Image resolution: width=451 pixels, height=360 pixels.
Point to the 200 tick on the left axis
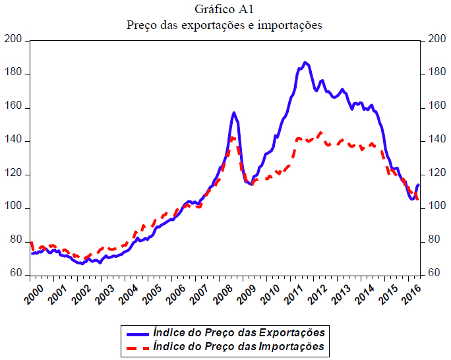click(15, 41)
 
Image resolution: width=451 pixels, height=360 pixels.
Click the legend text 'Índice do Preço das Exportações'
click(239, 332)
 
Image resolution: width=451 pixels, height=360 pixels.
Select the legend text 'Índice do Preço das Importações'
click(239, 346)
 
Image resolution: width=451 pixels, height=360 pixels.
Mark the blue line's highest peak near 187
click(305, 63)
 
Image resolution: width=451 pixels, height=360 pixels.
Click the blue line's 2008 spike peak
click(234, 113)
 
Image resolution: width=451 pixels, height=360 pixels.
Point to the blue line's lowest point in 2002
click(81, 263)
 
